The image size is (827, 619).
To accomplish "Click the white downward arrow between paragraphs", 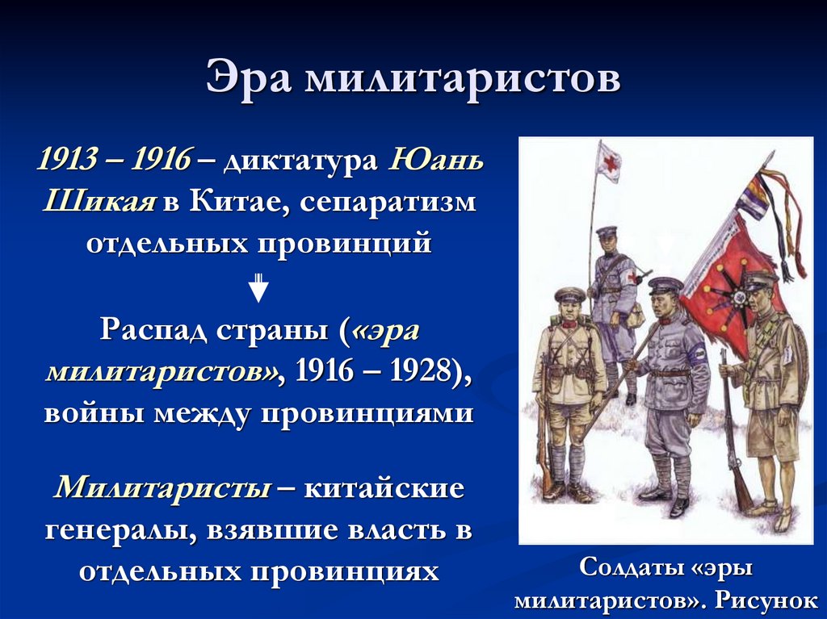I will point(258,287).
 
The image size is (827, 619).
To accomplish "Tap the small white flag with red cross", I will point(609,164).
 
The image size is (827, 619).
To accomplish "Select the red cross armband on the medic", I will point(627,276).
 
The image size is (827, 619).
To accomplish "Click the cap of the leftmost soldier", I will point(569,295).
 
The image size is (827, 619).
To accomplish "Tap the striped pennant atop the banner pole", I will point(754,197).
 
